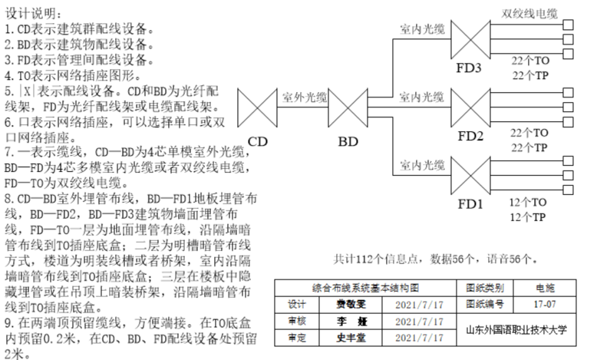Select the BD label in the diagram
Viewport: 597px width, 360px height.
348,141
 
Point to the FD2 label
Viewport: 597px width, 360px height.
469,137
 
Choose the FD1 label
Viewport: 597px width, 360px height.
469,205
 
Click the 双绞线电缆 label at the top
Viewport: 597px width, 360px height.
529,13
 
